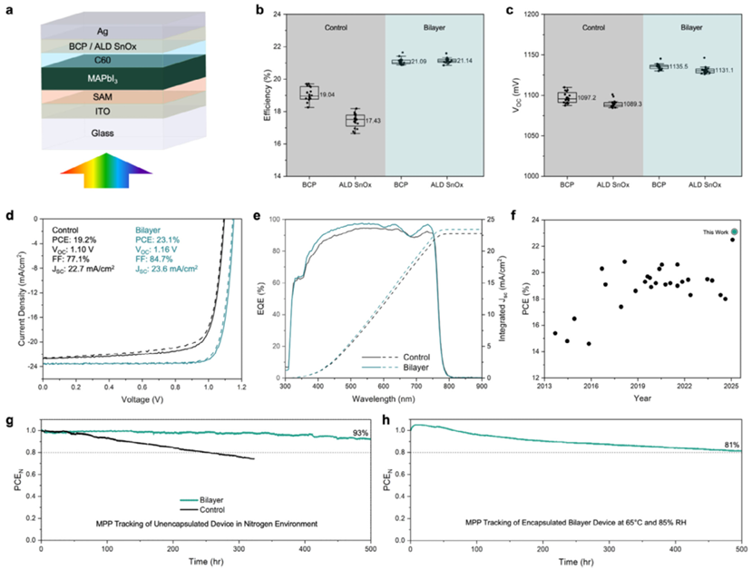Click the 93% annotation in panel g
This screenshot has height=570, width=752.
pyautogui.click(x=360, y=434)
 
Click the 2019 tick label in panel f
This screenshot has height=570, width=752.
pyautogui.click(x=638, y=386)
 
